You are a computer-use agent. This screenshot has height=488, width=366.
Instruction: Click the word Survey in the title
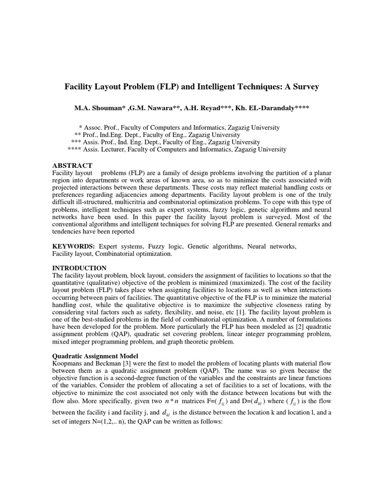pyautogui.click(x=305, y=87)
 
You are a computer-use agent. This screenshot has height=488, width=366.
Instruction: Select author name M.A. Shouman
pyautogui.click(x=99, y=108)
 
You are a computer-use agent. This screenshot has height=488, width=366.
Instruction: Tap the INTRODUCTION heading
pyautogui.click(x=79, y=268)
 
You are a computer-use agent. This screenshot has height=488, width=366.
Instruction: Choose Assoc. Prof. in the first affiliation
pyautogui.click(x=102, y=128)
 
